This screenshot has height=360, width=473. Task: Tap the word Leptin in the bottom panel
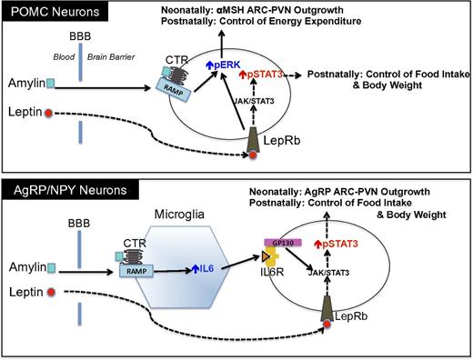(25, 292)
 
